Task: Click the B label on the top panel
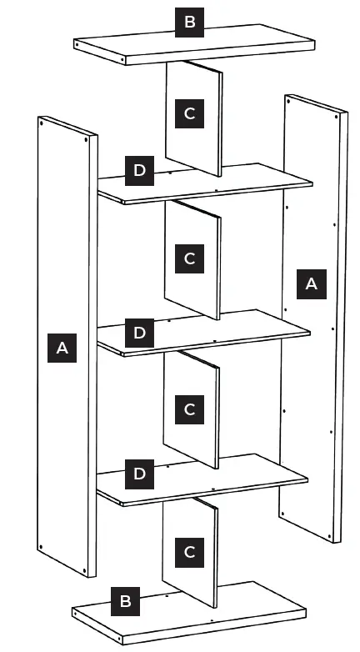(x=189, y=22)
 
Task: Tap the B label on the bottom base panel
(x=125, y=600)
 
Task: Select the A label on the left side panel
(x=62, y=347)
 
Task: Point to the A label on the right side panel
(x=311, y=283)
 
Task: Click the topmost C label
(x=189, y=113)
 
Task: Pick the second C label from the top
(x=189, y=258)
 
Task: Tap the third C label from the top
(x=189, y=409)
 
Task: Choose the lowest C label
(x=189, y=551)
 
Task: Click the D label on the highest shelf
(x=139, y=171)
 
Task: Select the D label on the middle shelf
(x=139, y=333)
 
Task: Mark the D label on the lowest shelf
(x=139, y=474)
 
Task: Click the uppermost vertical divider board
(x=208, y=142)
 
